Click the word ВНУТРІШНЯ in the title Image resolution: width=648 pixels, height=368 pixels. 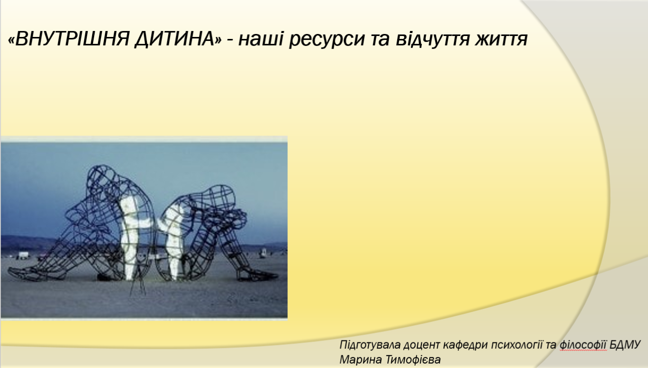pyautogui.click(x=71, y=39)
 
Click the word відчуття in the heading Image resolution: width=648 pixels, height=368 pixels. pyautogui.click(x=432, y=39)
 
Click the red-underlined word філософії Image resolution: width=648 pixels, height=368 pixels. pyautogui.click(x=583, y=345)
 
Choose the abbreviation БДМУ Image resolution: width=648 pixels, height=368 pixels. pyautogui.click(x=625, y=345)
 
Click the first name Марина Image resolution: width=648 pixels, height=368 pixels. pyautogui.click(x=361, y=360)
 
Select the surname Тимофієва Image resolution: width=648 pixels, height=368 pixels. pyautogui.click(x=413, y=360)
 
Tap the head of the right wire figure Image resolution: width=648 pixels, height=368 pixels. pyautogui.click(x=220, y=197)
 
